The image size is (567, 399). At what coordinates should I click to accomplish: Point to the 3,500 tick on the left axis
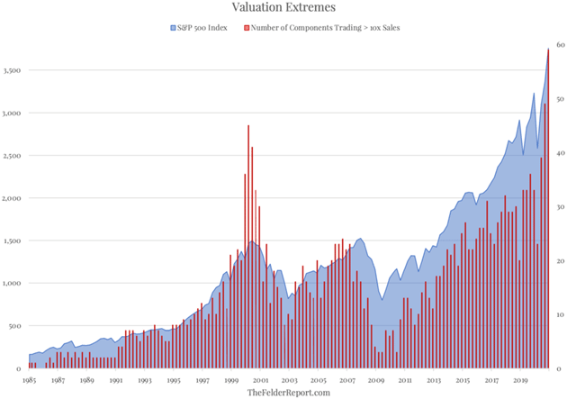click(x=13, y=70)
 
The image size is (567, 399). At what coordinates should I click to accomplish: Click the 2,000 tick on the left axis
click(x=13, y=198)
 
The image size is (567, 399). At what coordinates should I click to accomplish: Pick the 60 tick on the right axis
click(x=559, y=45)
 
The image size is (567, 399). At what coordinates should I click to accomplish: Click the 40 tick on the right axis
click(x=559, y=153)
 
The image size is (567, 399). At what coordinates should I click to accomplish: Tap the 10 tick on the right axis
click(x=559, y=315)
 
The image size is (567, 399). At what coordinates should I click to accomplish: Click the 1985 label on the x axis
click(x=29, y=381)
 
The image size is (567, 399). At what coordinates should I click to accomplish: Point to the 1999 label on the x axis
click(x=231, y=381)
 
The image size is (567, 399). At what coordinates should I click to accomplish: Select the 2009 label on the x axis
click(x=376, y=381)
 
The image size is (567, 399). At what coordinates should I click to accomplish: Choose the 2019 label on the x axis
click(x=521, y=381)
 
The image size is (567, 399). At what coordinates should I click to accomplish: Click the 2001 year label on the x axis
click(x=260, y=381)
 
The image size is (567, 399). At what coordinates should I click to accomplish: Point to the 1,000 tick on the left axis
click(x=13, y=284)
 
